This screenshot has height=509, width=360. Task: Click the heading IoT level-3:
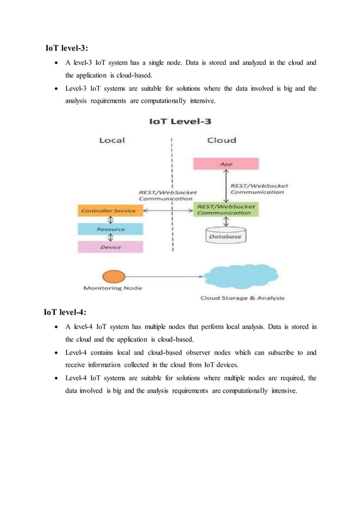tap(67, 48)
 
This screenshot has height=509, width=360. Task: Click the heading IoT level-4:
tap(65, 312)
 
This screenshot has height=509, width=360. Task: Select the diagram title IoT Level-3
tap(180, 121)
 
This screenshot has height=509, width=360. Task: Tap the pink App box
tap(226, 164)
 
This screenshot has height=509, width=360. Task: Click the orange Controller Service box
tap(109, 210)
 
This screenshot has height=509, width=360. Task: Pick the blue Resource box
tap(110, 229)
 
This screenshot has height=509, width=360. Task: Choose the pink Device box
tap(110, 247)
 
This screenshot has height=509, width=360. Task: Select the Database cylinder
tap(225, 236)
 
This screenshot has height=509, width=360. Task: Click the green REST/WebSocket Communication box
tap(225, 209)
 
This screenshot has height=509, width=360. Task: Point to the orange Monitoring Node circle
tap(113, 277)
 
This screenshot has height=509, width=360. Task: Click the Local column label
tap(112, 140)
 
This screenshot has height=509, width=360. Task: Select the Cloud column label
tap(222, 140)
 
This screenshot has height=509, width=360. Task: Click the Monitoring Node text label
tap(113, 288)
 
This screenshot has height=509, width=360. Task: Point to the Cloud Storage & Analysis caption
tap(242, 298)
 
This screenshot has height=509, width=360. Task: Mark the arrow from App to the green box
tap(226, 186)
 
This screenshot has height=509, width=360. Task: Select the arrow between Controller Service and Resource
tap(111, 220)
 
